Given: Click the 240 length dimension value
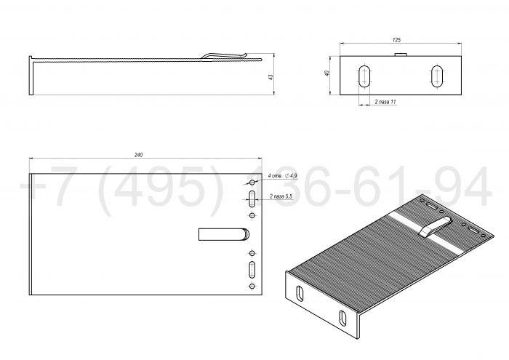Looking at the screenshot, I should tap(139, 155).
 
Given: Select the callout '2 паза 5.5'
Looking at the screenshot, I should tap(281, 196).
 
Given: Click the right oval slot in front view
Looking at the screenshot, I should tap(438, 76).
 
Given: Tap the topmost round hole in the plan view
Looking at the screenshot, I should tap(252, 183).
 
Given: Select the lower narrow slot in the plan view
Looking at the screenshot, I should tap(252, 269).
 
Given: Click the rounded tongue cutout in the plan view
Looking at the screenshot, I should tap(224, 233).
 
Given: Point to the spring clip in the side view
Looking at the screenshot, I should tap(225, 55).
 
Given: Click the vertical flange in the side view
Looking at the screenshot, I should tap(33, 76).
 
